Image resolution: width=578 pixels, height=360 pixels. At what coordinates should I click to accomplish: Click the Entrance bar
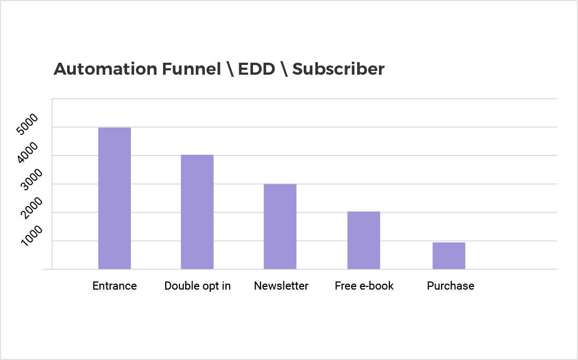coord(115,198)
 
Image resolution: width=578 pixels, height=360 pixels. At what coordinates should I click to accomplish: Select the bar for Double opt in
coord(197,212)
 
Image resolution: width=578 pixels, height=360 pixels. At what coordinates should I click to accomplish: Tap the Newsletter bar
coord(280,226)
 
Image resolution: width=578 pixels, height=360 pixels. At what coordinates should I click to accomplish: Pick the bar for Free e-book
coord(364,240)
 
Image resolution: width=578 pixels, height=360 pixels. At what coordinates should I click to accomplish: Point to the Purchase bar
coord(449,256)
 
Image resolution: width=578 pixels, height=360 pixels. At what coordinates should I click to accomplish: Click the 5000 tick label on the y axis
coord(27,124)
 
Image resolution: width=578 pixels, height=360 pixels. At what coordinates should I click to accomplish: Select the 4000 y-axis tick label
coord(27,152)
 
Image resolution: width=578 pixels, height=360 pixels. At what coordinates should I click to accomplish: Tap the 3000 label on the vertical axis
coord(31,179)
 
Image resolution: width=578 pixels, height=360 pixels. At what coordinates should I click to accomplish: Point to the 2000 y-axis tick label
coord(31,208)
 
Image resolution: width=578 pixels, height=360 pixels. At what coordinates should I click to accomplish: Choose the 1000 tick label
coord(31,236)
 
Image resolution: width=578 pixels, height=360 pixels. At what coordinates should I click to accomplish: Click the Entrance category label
coord(115,286)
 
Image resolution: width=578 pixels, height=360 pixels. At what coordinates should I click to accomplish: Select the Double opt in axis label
coord(197,286)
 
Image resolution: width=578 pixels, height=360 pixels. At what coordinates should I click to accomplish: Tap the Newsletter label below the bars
coord(281,286)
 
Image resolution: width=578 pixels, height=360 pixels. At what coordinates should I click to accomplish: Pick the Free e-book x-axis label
coord(364,286)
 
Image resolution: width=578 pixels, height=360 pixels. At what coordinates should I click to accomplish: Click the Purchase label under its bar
coord(450,286)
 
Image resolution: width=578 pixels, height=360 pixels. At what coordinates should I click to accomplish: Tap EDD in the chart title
coord(257,69)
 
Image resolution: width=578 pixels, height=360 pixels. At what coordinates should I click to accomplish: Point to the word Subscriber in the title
coord(339,69)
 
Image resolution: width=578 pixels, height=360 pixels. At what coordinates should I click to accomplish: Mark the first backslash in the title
coord(231,69)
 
